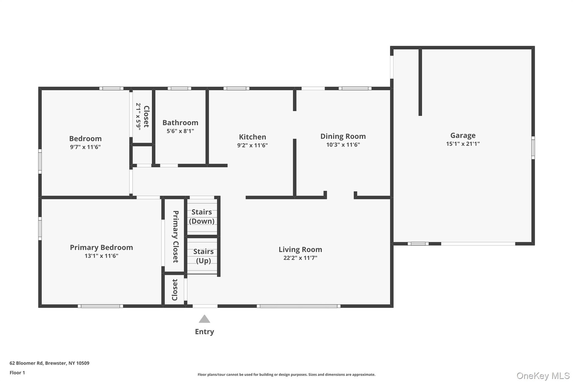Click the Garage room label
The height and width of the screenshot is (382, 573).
pos(463,136)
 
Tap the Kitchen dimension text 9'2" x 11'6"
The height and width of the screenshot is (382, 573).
pos(252,145)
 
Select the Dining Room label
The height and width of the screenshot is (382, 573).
pos(343,136)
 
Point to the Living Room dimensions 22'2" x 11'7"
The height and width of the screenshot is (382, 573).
pos(300,258)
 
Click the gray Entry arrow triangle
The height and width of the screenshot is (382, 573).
pos(204,319)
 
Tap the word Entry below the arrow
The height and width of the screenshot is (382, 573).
pos(204,332)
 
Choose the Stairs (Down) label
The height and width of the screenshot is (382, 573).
pos(202,217)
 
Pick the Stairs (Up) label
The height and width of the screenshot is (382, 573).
pos(204,256)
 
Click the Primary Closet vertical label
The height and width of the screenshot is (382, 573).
pos(176,237)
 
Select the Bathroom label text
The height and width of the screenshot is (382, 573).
pos(180,123)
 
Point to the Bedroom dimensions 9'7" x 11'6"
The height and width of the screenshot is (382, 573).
pos(85,147)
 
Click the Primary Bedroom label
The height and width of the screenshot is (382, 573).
pos(101,247)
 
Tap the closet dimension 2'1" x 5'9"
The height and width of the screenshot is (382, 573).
pos(138,116)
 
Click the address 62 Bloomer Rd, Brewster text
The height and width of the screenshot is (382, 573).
pos(50,363)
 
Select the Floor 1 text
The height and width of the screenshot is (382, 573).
pos(17,373)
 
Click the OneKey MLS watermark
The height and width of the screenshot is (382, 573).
pos(543,376)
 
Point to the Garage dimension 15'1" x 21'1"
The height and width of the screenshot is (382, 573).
pos(463,144)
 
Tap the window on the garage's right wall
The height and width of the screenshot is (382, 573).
pos(533,148)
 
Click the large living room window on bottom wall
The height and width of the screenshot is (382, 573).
pos(298,306)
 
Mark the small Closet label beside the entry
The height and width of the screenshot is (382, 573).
pos(175,290)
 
